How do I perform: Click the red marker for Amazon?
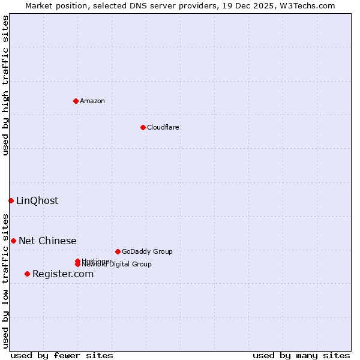coord(76,101)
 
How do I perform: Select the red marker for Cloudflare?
coord(143,127)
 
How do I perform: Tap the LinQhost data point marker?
coord(11,200)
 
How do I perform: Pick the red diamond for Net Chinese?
coord(13,241)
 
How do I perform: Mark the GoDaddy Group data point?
coord(118,251)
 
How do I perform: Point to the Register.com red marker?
coord(27,274)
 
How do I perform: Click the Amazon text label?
coord(92,101)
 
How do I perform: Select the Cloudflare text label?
coord(163,127)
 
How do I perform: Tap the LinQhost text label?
coord(37,200)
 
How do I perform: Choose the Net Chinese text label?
coord(47,241)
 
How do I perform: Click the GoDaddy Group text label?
coord(147,251)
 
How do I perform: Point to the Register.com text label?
coord(63,274)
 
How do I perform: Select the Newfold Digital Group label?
coord(118,264)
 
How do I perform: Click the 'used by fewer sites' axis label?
coord(62,355)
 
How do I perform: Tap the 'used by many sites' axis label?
coord(301,355)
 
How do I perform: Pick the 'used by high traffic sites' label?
coord(5,85)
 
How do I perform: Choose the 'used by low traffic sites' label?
coord(5,280)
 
